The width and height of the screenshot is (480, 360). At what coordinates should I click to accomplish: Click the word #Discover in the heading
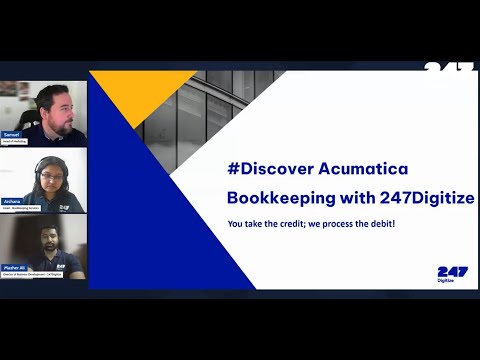pyautogui.click(x=269, y=165)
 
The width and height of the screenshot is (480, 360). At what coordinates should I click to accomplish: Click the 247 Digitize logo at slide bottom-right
pyautogui.click(x=452, y=274)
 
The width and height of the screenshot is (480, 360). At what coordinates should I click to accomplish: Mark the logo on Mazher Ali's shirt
pyautogui.click(x=62, y=266)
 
